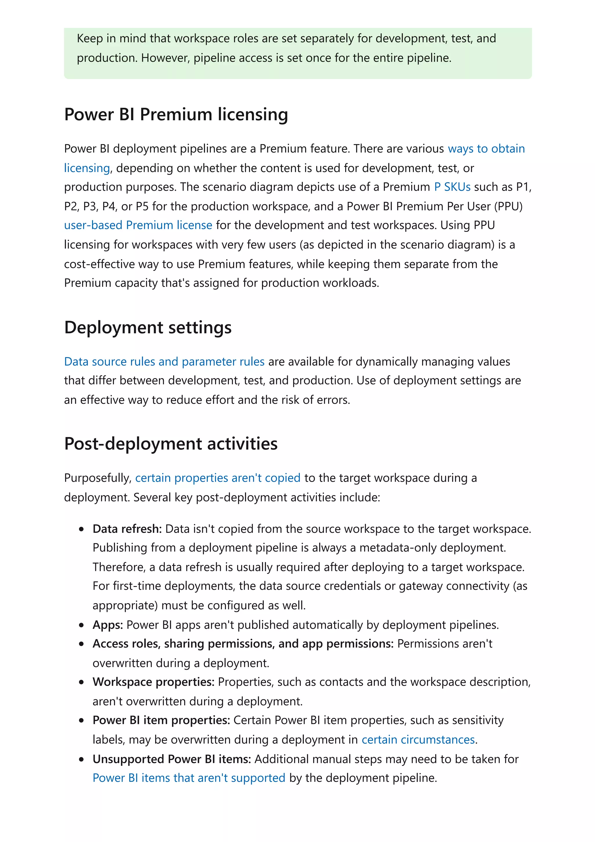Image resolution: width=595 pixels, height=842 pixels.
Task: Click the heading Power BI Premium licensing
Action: pos(176,114)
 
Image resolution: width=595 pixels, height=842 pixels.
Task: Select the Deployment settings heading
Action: pos(148,327)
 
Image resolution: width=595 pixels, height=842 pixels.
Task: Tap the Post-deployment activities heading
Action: pos(171,444)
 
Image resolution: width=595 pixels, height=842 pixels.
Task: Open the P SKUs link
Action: pos(452,187)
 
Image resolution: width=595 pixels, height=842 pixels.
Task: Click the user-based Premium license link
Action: pos(138,225)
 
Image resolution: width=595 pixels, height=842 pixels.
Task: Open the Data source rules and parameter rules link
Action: pos(164,362)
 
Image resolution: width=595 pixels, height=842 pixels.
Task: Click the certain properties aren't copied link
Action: pos(218,478)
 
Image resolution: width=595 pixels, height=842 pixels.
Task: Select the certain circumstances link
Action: pos(418,740)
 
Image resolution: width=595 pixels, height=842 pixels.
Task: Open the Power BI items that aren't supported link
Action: pos(189,778)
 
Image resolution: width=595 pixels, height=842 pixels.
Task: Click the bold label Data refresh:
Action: pos(127,529)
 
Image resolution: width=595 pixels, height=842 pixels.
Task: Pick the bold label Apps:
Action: pos(108,625)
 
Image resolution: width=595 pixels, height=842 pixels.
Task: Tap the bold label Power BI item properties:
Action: pos(161,720)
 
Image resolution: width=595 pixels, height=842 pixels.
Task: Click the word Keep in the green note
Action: pos(90,39)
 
